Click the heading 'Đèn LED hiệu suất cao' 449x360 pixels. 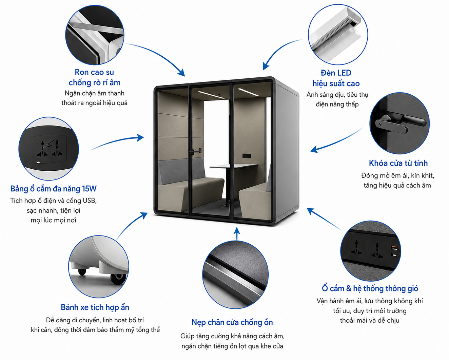[336, 78]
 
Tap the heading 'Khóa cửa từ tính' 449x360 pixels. [398, 163]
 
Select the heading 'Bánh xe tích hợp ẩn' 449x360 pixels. [95, 307]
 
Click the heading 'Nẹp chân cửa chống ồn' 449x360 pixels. [232, 322]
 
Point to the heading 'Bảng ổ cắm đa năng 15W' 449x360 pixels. [54, 189]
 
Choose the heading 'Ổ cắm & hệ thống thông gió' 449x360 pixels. [370, 289]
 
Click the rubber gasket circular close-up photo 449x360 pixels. [95, 35]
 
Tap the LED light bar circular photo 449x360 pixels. [338, 35]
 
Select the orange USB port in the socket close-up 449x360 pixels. [394, 248]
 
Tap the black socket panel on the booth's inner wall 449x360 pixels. [247, 156]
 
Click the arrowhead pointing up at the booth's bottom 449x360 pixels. [237, 231]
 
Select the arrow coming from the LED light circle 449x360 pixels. [278, 51]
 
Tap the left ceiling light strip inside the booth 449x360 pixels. [211, 95]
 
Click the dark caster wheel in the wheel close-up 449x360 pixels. [118, 278]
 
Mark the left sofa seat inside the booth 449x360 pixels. [191, 186]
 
